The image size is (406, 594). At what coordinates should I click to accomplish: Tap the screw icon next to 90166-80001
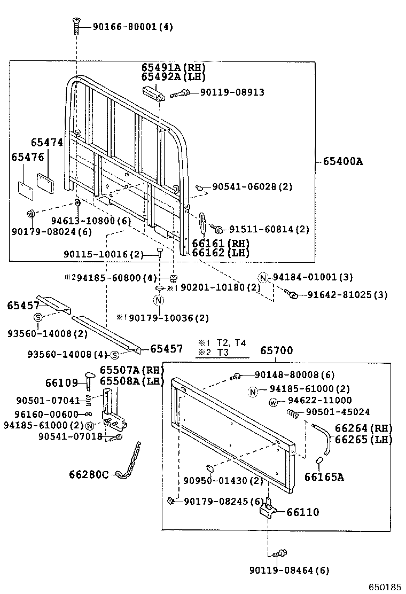coord(76,24)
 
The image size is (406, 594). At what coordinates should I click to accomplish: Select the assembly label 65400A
coord(342,161)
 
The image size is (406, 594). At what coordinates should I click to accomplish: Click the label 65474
coord(46,143)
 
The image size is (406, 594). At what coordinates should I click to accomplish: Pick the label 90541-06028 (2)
coord(252,186)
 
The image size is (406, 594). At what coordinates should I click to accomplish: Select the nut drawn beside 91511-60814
coord(218,229)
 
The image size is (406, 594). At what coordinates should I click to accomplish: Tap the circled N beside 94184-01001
coord(263,277)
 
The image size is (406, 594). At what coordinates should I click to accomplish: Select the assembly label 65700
coord(276,350)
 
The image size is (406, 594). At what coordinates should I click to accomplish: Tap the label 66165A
coord(324,476)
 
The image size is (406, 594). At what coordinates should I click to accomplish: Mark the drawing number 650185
coord(383,587)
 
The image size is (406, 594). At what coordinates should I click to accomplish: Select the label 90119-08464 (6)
coord(289,570)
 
